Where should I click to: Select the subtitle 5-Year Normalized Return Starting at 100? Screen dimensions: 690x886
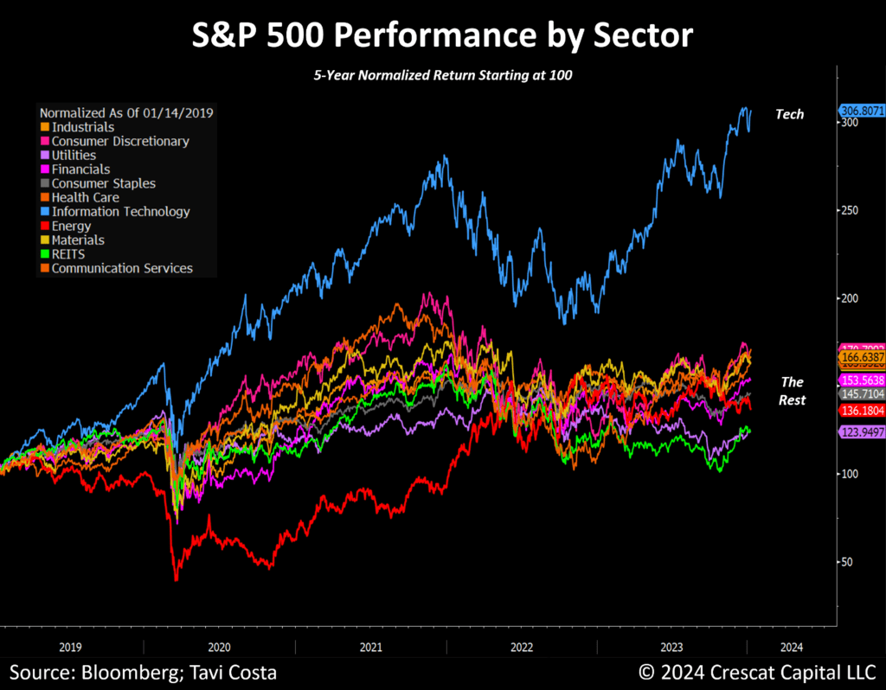point(443,75)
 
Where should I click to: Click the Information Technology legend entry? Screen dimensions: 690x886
point(120,212)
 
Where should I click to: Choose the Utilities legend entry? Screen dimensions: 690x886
point(74,156)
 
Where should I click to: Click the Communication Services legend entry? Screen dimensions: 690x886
point(122,268)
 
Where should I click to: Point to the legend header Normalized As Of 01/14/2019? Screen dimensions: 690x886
point(127,112)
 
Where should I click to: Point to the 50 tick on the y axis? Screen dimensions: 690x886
point(849,561)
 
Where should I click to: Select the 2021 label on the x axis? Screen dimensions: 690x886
point(370,646)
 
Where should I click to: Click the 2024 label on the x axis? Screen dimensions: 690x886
point(789,646)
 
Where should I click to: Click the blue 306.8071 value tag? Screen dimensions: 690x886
point(862,111)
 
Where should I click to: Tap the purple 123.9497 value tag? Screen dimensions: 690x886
point(862,431)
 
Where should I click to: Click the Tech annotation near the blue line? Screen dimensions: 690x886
point(789,114)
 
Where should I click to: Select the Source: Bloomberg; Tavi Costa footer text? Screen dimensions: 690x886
point(144,672)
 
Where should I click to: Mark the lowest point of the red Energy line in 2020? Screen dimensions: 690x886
point(177,579)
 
